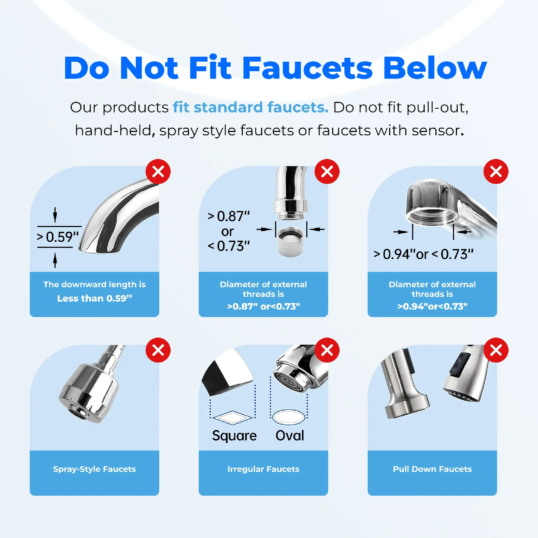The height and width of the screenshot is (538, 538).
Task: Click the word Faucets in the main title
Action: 307,68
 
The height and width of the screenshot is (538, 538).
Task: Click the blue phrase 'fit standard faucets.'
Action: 250,107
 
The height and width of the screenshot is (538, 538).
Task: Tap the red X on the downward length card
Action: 158,171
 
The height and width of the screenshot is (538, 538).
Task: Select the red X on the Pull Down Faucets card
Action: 496,350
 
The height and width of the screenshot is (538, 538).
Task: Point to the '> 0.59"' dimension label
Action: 58,237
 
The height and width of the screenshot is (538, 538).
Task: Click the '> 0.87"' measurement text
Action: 228,216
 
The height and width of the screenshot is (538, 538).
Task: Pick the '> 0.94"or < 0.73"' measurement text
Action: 423,254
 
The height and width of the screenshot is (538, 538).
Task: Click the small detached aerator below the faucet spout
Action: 291,241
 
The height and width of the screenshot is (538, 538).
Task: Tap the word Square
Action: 234,436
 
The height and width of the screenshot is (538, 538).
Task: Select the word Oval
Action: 290,435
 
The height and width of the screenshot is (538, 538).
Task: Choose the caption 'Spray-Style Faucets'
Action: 94,469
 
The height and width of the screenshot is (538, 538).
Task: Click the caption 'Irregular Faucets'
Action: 263,469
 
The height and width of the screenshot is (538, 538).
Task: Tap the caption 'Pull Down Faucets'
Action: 432,469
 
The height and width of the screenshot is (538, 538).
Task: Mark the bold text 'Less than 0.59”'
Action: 95,298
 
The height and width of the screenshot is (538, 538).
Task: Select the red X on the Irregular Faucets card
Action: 327,350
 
